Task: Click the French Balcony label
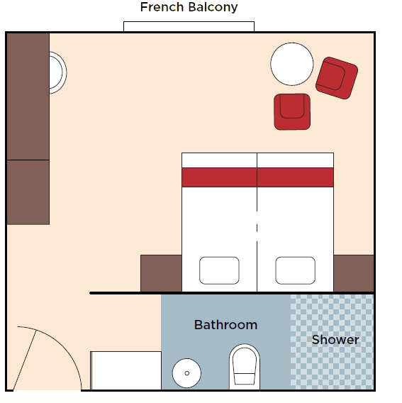point(189,7)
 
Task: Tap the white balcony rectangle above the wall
point(189,26)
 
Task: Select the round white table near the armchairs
point(292,64)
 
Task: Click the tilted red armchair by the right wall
point(337,78)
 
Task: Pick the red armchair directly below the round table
point(292,111)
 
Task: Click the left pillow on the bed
point(219,270)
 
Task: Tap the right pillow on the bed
point(295,270)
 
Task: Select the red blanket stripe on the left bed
point(219,177)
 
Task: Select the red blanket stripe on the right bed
point(296,177)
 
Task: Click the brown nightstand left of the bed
point(161,273)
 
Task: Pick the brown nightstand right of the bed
point(354,273)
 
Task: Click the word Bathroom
point(225,325)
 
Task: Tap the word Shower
point(335,340)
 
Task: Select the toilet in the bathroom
point(245,367)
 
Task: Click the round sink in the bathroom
point(186,373)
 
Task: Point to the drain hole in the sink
point(186,373)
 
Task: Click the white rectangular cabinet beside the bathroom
point(126,370)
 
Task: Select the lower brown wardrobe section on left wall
point(28,192)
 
